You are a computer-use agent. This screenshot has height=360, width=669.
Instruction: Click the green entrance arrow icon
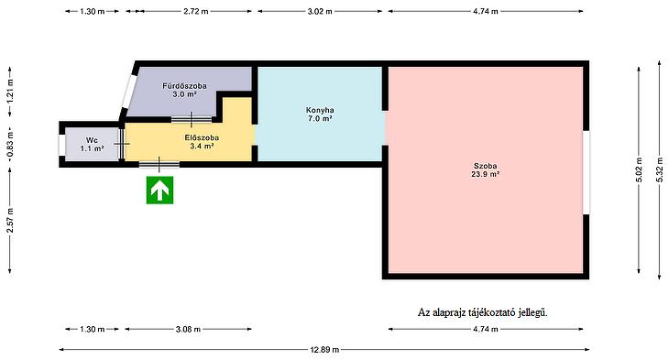[159, 191]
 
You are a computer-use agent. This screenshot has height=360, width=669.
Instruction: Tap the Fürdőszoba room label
[184, 90]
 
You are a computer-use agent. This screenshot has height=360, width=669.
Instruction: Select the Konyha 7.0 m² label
[320, 115]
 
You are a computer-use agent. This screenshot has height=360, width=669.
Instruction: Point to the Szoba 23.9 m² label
[485, 169]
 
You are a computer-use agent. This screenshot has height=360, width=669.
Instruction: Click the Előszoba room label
[202, 142]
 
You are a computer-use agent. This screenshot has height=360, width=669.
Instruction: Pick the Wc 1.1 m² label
[92, 145]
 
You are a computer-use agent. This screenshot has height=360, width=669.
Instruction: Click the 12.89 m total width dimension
[324, 350]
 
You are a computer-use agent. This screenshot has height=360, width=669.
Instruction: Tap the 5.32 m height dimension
[660, 170]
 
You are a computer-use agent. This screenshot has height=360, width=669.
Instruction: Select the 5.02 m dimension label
[639, 170]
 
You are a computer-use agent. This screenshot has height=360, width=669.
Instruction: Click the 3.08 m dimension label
[188, 329]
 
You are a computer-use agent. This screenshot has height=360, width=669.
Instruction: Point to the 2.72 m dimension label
[196, 12]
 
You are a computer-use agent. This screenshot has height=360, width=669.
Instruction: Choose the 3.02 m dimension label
[320, 12]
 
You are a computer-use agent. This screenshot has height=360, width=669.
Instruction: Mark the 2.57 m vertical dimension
[10, 220]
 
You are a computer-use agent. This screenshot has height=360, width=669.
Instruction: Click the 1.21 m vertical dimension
[10, 92]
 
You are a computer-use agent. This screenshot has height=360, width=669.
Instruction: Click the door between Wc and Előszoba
[122, 144]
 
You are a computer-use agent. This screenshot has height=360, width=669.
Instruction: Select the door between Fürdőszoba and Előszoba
[192, 120]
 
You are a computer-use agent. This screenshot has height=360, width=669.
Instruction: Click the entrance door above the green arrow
[159, 164]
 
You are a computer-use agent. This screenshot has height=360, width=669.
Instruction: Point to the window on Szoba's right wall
[587, 172]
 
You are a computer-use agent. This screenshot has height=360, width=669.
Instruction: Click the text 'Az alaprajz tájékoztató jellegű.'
[483, 312]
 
